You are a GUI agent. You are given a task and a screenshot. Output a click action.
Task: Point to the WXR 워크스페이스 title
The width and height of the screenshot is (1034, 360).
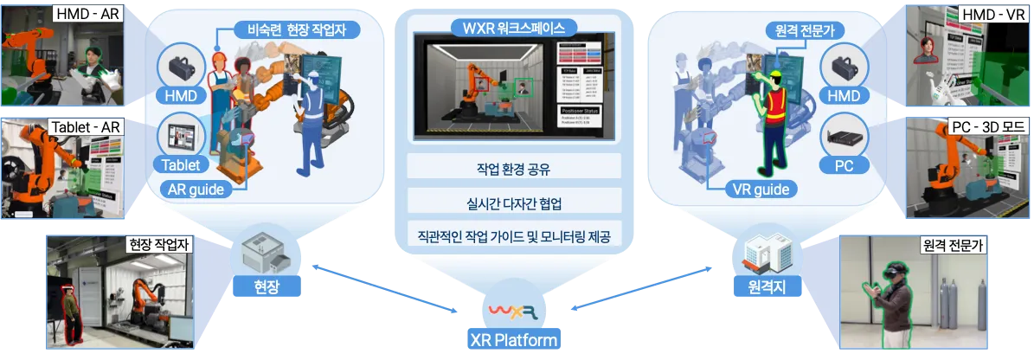click(508, 24)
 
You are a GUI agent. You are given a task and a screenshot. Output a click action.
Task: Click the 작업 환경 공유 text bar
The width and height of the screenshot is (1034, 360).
click(508, 169)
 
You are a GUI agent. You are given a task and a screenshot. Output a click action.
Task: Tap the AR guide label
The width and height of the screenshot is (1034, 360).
click(198, 188)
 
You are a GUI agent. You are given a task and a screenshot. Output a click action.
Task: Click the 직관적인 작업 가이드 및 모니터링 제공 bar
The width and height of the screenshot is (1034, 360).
click(508, 235)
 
